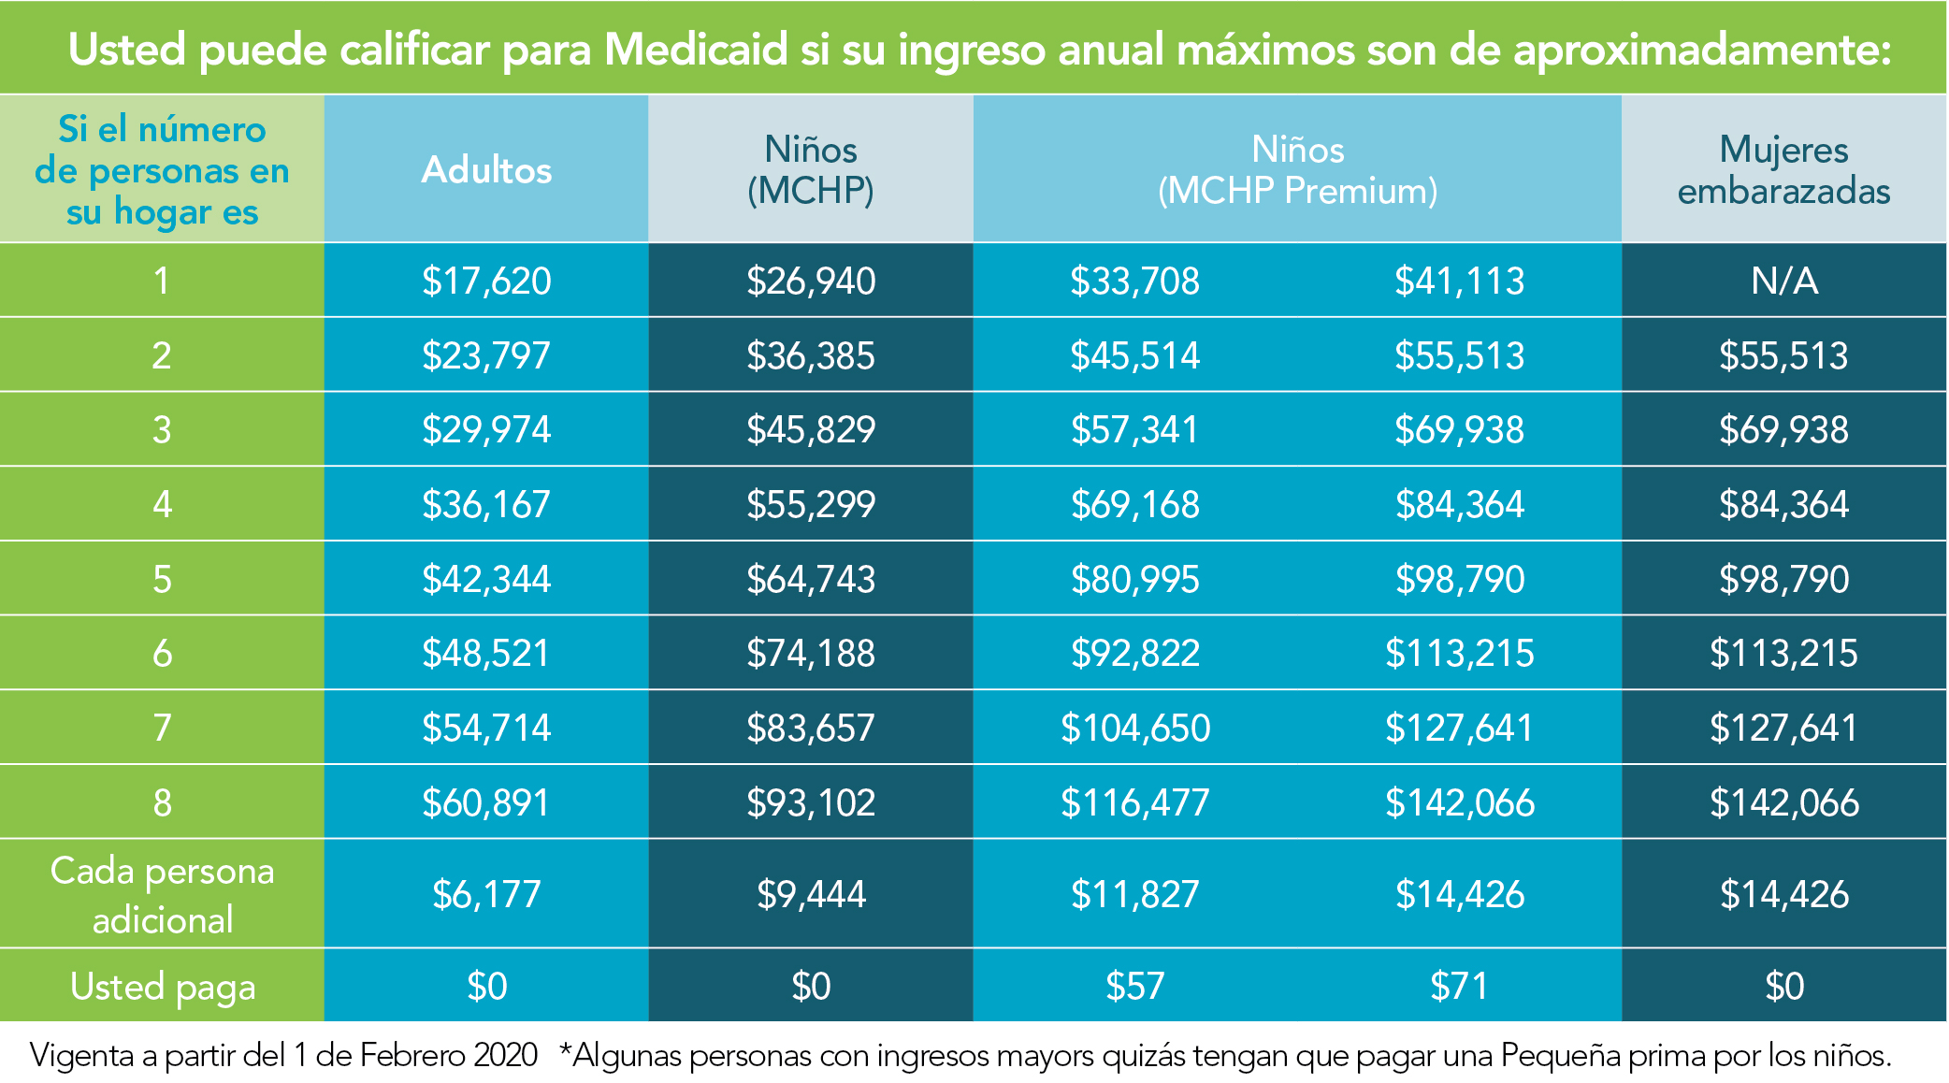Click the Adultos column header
pyautogui.click(x=486, y=170)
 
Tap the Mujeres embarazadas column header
pyautogui.click(x=1783, y=170)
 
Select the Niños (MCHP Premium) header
pyautogui.click(x=1297, y=170)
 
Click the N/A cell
pyautogui.click(x=1783, y=281)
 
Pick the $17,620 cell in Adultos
pyautogui.click(x=486, y=281)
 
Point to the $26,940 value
pyautogui.click(x=811, y=281)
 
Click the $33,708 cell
pyautogui.click(x=1134, y=281)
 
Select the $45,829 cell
pyautogui.click(x=811, y=429)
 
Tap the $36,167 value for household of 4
pyautogui.click(x=486, y=504)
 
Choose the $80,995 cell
pyautogui.click(x=1134, y=579)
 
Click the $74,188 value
pyautogui.click(x=811, y=653)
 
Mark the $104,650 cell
pyautogui.click(x=1134, y=728)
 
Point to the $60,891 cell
pyautogui.click(x=486, y=802)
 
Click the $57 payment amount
pyautogui.click(x=1134, y=986)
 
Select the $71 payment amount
pyautogui.click(x=1459, y=986)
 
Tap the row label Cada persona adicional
pyautogui.click(x=162, y=895)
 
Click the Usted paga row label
pyautogui.click(x=162, y=987)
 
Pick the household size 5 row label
pyautogui.click(x=162, y=579)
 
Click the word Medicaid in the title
pyautogui.click(x=697, y=50)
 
